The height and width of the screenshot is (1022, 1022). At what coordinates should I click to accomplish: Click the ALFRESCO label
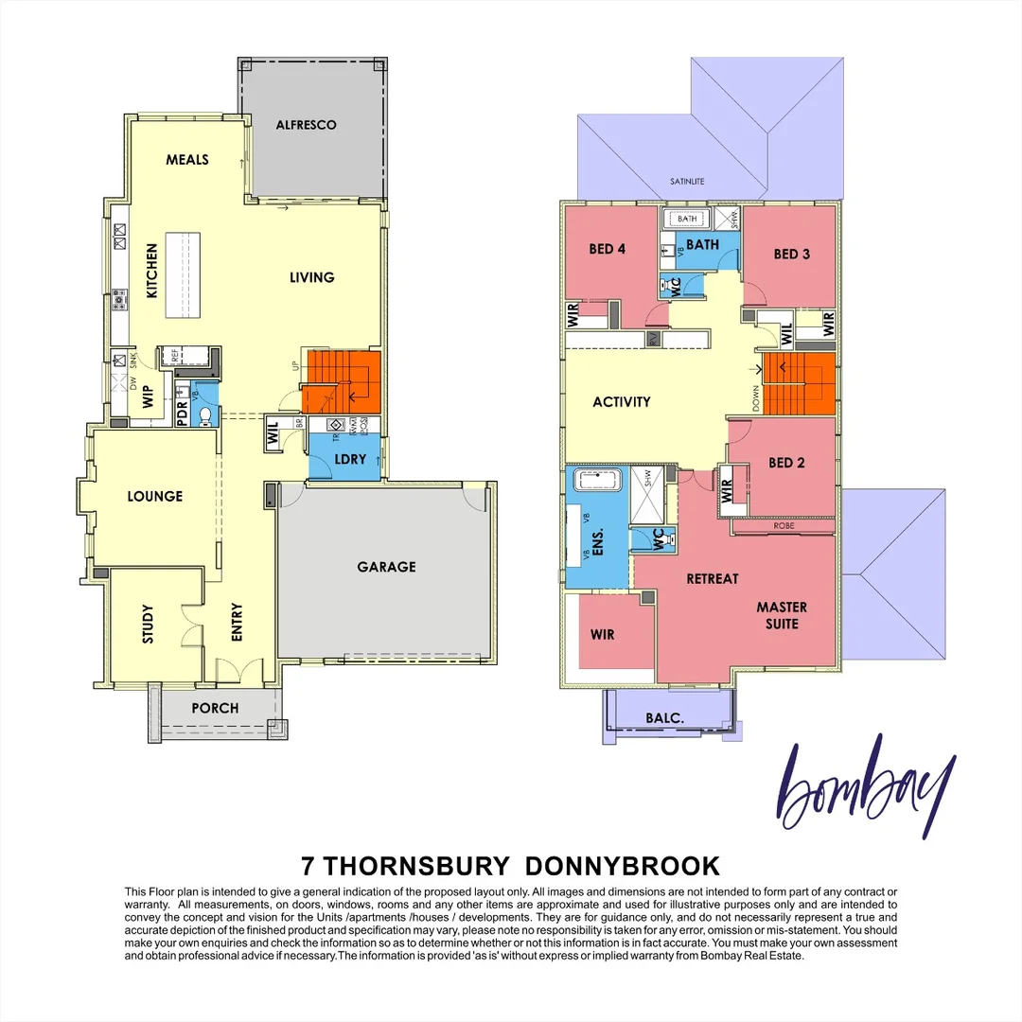(x=306, y=125)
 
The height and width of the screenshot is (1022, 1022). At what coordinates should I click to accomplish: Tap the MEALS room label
(x=187, y=159)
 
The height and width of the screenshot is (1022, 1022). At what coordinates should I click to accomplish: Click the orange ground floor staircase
(x=341, y=379)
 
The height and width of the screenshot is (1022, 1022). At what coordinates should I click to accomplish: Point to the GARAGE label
(x=386, y=567)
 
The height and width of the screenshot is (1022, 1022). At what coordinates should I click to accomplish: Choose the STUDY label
(x=149, y=624)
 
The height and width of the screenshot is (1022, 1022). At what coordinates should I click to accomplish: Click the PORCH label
(x=215, y=708)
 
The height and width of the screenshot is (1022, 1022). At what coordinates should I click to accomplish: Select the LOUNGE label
(x=155, y=496)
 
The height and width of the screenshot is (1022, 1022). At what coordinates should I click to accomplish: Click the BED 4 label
(x=608, y=249)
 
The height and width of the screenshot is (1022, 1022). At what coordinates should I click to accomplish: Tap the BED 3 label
(x=792, y=254)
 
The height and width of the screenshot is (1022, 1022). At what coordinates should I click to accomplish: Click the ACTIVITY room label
(x=622, y=401)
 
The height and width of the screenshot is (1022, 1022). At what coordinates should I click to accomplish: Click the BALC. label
(x=666, y=717)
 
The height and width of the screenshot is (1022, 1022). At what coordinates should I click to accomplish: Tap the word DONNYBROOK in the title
(x=622, y=866)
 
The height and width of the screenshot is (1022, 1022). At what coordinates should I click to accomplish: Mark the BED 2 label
(x=786, y=463)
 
